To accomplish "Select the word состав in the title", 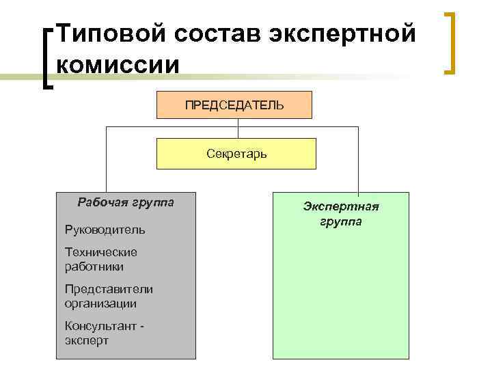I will click(202, 33).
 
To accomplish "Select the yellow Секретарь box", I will click(236, 154).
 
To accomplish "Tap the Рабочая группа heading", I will click(126, 202).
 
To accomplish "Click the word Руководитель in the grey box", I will click(105, 230).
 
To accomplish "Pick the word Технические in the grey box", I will click(101, 252).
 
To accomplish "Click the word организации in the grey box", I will click(100, 303).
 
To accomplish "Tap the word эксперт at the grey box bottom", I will click(87, 340).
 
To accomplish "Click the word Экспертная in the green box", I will click(341, 207).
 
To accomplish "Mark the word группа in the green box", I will click(341, 222).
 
